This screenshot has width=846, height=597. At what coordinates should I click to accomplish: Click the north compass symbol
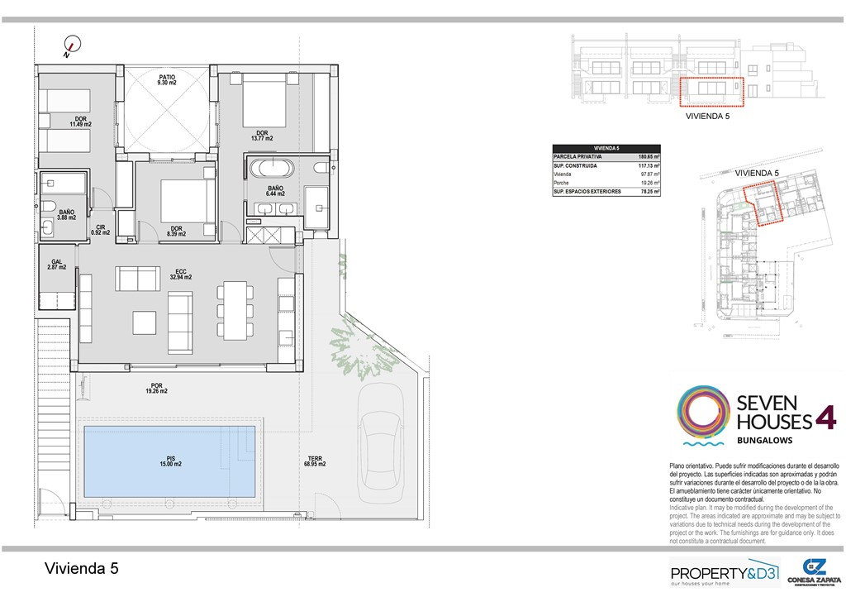72,47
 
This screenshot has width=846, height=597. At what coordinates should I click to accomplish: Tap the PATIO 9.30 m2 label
167,80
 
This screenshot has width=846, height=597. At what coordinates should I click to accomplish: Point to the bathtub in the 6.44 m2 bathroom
272,169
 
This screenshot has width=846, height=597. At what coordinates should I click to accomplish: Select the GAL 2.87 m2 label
57,265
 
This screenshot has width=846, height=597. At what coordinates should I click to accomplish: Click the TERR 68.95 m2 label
313,461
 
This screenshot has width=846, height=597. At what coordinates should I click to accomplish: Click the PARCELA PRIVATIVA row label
578,155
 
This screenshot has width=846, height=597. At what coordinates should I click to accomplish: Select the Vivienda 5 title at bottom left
80,568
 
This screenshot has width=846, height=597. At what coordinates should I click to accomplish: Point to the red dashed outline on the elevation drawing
711,93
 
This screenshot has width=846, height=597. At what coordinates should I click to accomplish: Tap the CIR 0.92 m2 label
100,230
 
